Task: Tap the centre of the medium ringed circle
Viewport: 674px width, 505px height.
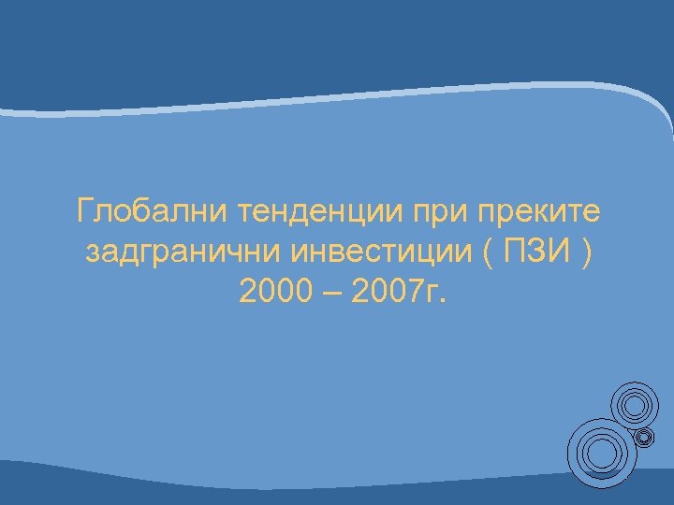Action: pyautogui.click(x=634, y=405)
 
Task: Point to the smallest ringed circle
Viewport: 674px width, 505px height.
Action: pyautogui.click(x=644, y=436)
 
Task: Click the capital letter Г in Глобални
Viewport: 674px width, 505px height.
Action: pyautogui.click(x=87, y=213)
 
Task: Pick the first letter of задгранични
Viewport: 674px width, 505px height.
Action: pyautogui.click(x=91, y=254)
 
